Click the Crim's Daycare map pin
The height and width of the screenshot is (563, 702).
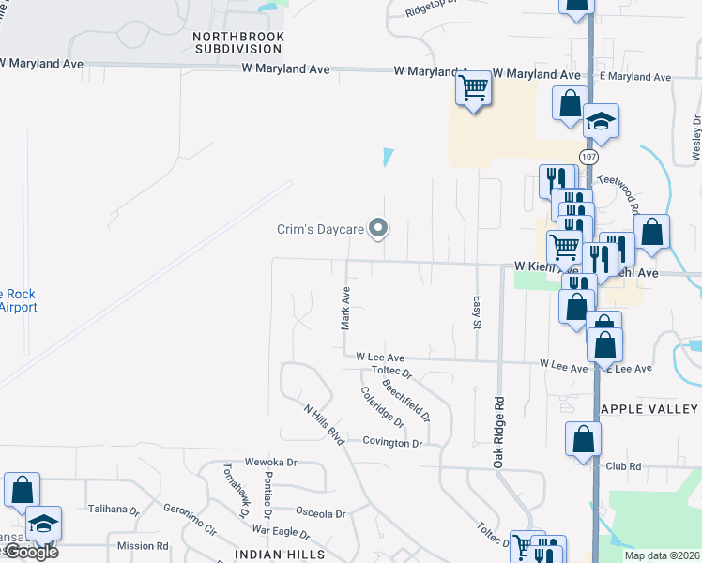[378, 228]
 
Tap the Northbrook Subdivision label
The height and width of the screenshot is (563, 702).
[237, 42]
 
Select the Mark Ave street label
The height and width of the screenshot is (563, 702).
[345, 308]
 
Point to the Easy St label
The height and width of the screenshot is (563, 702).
[476, 311]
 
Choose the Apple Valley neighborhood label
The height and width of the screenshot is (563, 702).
[649, 409]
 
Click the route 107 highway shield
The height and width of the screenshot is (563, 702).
[588, 156]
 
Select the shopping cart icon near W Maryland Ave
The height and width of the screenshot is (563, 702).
[474, 89]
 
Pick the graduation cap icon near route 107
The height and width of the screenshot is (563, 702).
[601, 121]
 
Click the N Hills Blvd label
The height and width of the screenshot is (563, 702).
[325, 422]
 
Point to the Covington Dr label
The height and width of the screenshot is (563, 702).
[392, 442]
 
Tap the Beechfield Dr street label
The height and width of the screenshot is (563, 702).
[405, 400]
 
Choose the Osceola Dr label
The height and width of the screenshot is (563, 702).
[321, 513]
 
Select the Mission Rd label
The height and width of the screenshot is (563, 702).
[143, 545]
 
